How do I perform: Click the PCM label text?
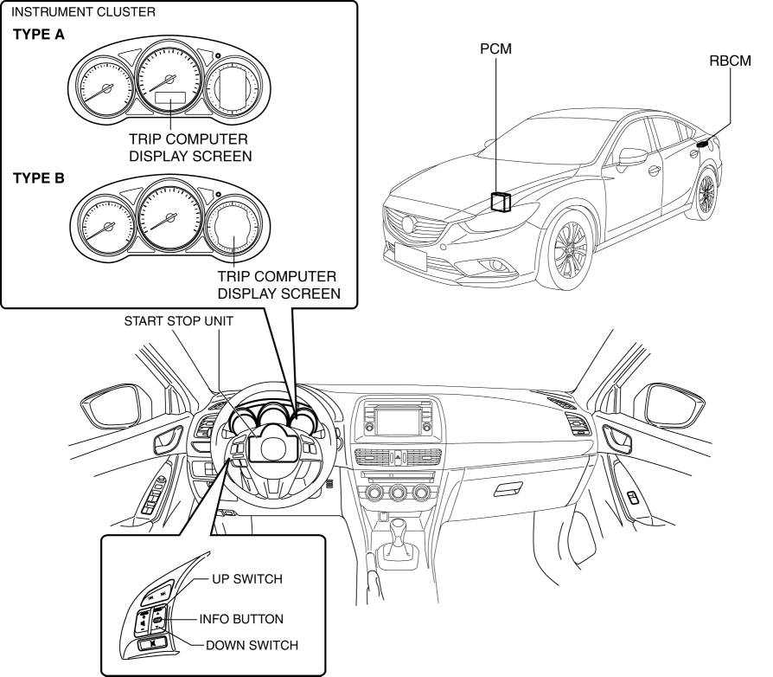(495, 50)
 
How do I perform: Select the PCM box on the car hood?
(501, 202)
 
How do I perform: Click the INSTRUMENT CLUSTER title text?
(84, 12)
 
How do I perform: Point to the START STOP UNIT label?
(179, 320)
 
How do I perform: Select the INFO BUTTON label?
(241, 619)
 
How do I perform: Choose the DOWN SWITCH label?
(252, 645)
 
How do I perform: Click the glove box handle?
(504, 491)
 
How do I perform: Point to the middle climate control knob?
(398, 493)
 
